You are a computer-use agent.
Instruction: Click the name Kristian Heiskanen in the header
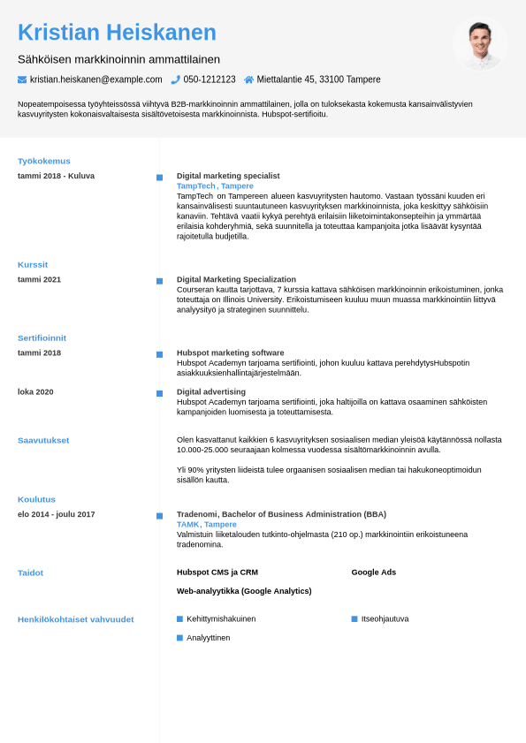click(117, 33)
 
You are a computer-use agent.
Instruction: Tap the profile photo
click(480, 44)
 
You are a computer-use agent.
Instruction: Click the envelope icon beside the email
click(22, 80)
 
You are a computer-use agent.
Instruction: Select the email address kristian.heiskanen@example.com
click(95, 80)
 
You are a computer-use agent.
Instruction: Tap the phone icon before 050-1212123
click(175, 80)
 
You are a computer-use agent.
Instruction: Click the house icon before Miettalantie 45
click(249, 80)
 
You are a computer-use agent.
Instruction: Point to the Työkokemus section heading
click(44, 161)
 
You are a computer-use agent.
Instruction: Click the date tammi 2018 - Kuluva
click(56, 176)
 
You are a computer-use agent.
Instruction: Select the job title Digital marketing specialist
click(228, 176)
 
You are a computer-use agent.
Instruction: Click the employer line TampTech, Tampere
click(215, 186)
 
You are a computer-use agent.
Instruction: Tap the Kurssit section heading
click(33, 264)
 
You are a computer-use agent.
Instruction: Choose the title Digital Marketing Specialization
click(236, 279)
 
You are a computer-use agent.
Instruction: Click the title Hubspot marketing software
click(230, 353)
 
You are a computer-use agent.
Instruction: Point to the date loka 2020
click(35, 391)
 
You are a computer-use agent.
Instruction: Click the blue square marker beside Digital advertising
click(159, 393)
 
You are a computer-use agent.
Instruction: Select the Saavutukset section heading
click(43, 440)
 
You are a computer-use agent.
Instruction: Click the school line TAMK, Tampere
click(206, 524)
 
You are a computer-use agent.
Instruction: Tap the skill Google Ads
click(373, 572)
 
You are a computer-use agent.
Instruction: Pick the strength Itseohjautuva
click(385, 618)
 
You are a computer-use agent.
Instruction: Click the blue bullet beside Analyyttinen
click(179, 638)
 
